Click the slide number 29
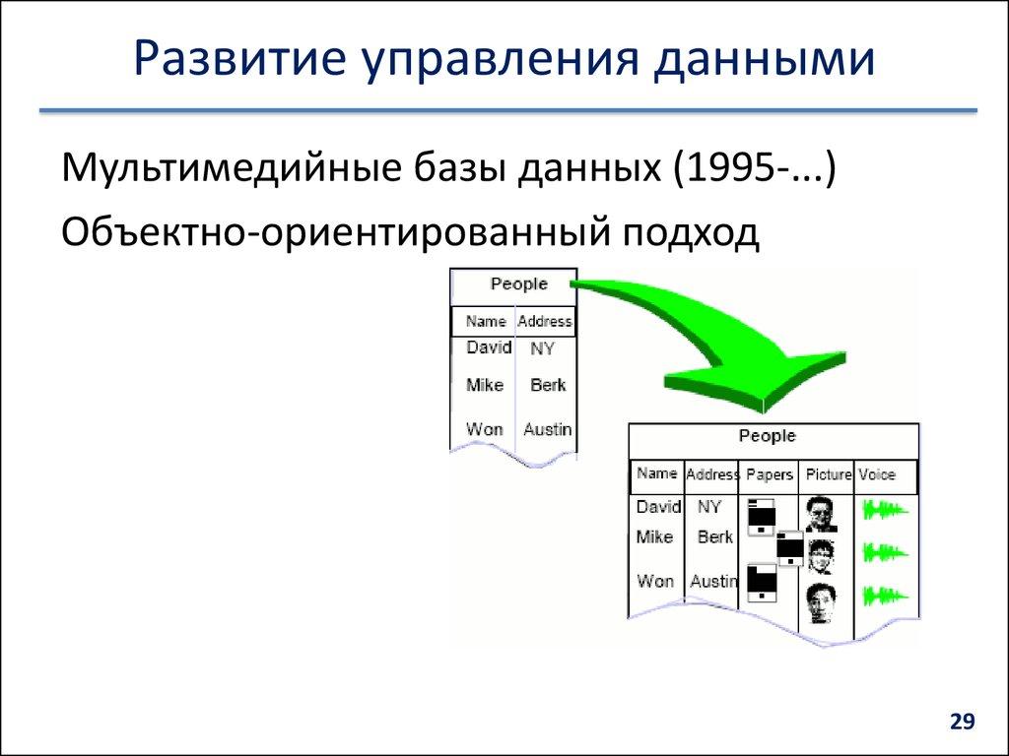(962, 723)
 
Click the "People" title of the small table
(518, 284)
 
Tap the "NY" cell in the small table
(542, 348)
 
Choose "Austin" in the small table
(547, 429)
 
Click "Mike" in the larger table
(654, 537)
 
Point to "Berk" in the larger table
(715, 537)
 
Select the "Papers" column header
(770, 474)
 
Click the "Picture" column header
(828, 474)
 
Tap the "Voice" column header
(876, 474)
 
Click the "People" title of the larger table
(767, 436)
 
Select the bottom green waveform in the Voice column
(883, 596)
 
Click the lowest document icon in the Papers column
(762, 583)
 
